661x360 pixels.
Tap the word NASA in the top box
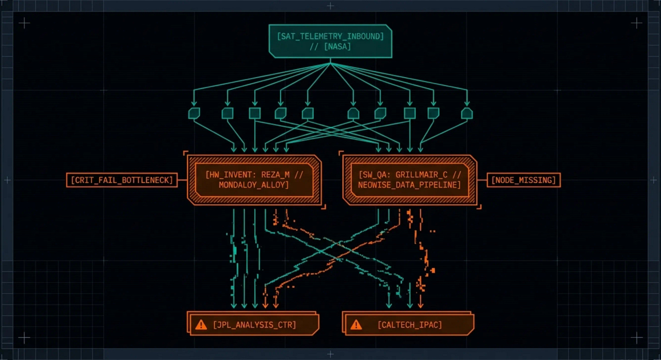pyautogui.click(x=338, y=46)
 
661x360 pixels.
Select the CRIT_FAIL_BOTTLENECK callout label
pyautogui.click(x=122, y=180)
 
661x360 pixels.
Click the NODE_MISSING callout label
pyautogui.click(x=523, y=180)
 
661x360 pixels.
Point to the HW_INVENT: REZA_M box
pyautogui.click(x=254, y=180)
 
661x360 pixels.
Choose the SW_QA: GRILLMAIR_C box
pyautogui.click(x=409, y=180)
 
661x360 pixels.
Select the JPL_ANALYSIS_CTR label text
pyautogui.click(x=254, y=325)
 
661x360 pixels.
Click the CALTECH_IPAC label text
pyautogui.click(x=409, y=325)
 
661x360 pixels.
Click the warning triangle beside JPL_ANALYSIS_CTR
pyautogui.click(x=201, y=325)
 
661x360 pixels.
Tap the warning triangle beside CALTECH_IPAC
pyautogui.click(x=356, y=325)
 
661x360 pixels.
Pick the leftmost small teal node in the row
pyautogui.click(x=194, y=113)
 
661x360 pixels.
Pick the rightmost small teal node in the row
pyautogui.click(x=467, y=113)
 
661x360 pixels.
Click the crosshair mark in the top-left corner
pyautogui.click(x=24, y=23)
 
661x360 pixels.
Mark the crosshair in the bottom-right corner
pyautogui.click(x=636, y=337)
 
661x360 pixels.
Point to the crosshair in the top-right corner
pyautogui.click(x=636, y=23)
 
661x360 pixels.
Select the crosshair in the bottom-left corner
pyautogui.click(x=24, y=337)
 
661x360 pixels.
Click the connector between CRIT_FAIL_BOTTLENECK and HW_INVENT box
pyautogui.click(x=182, y=180)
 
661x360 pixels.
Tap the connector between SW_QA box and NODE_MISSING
pyautogui.click(x=482, y=180)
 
